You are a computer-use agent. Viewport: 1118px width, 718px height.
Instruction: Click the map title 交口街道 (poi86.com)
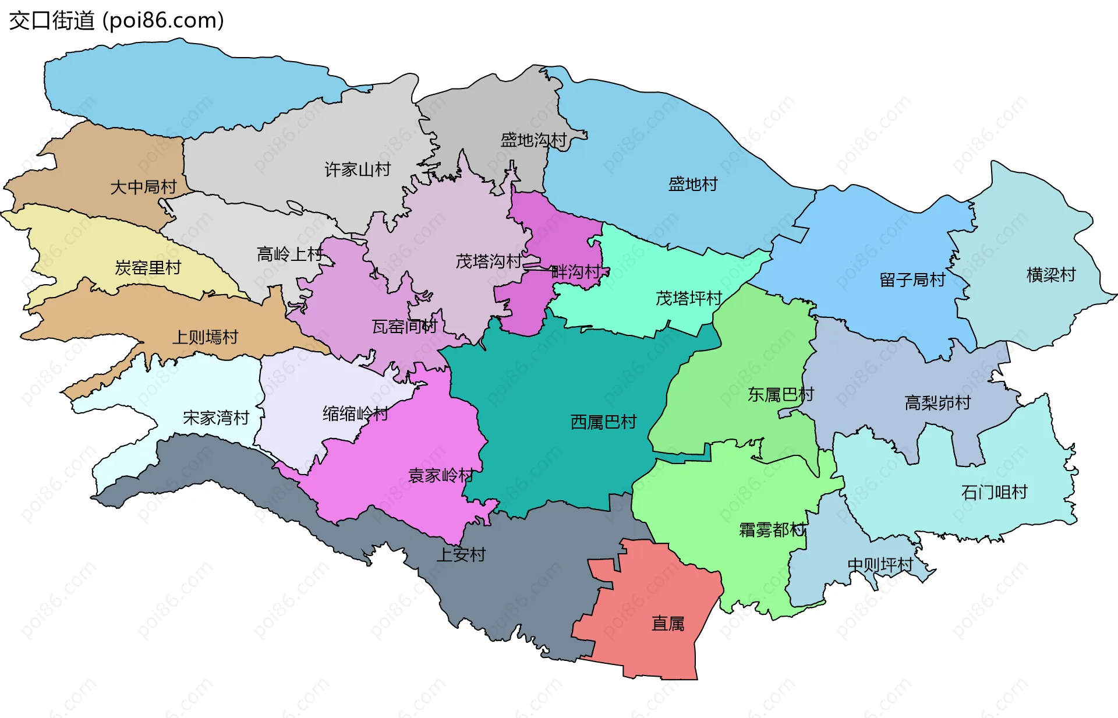click(x=116, y=21)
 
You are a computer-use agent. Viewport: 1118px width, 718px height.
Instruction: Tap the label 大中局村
click(x=143, y=187)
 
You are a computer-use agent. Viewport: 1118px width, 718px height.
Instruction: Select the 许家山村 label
click(x=357, y=169)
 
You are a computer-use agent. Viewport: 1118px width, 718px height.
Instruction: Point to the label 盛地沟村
click(x=533, y=140)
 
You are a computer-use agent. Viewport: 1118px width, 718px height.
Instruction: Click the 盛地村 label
click(x=692, y=184)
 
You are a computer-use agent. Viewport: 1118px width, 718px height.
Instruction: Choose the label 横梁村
click(x=1050, y=274)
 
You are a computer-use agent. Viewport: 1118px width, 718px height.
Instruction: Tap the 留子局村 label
click(x=912, y=280)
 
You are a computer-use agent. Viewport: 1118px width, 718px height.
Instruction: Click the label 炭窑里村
click(x=148, y=267)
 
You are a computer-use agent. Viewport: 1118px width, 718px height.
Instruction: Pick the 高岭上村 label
click(x=289, y=254)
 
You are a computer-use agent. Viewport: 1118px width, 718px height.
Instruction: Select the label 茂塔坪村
click(x=688, y=298)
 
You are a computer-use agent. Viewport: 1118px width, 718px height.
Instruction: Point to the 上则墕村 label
click(x=205, y=337)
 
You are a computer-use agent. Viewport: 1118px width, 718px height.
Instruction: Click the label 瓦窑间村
click(x=404, y=326)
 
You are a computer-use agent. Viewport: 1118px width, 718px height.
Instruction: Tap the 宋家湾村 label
click(x=215, y=418)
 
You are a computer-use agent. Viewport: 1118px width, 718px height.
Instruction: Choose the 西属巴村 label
click(x=603, y=422)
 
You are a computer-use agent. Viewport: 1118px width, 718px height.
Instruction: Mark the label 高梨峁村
click(x=937, y=402)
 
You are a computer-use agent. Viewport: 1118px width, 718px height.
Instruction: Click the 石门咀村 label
click(x=994, y=492)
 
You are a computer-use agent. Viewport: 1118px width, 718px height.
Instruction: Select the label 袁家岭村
click(x=441, y=475)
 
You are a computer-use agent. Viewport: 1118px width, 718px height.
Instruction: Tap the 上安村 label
click(x=461, y=554)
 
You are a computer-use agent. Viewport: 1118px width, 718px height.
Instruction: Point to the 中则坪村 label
click(x=880, y=564)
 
